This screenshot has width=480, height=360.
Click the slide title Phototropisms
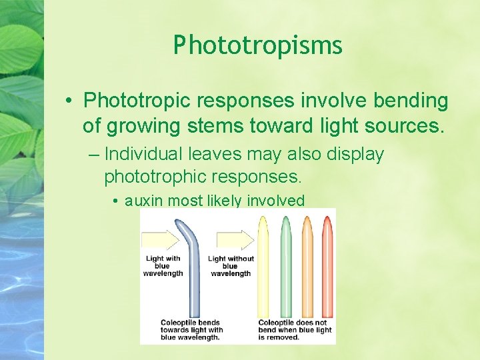pyautogui.click(x=257, y=45)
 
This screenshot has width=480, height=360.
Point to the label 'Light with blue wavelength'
pyautogui.click(x=163, y=266)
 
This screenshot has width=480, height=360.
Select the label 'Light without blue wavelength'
pyautogui.click(x=231, y=266)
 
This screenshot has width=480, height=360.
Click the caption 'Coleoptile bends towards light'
pyautogui.click(x=192, y=330)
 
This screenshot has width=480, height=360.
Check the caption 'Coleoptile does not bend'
pyautogui.click(x=295, y=330)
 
